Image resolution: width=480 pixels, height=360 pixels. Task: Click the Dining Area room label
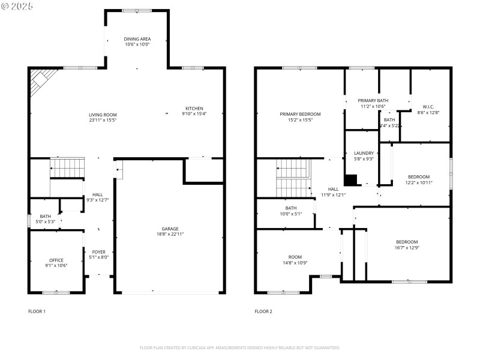137,39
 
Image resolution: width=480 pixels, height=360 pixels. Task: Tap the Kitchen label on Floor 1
194,109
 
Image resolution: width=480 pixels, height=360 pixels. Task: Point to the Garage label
170,229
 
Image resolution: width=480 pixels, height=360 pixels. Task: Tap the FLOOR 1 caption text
37,311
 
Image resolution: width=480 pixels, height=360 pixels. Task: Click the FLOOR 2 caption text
263,311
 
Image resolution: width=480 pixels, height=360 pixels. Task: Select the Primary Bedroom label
300,114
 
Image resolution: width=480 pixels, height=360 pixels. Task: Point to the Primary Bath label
373,101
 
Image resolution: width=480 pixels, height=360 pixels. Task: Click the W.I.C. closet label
428,107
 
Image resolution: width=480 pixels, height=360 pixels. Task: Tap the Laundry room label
364,153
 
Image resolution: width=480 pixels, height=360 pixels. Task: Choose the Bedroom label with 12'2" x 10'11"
418,176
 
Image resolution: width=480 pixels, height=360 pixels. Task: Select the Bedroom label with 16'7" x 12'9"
406,241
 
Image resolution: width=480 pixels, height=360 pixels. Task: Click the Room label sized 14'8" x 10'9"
295,256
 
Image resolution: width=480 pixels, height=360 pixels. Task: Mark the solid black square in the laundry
350,180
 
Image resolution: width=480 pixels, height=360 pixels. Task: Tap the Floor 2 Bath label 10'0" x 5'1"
290,208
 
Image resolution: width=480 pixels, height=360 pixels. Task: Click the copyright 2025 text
17,5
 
